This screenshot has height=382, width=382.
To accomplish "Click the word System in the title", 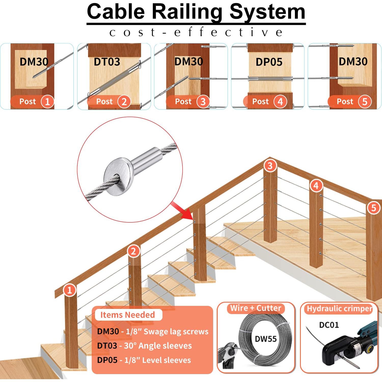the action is [267, 12].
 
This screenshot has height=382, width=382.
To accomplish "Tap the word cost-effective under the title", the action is [196, 32].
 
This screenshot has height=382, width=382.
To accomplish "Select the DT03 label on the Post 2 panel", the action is [107, 62].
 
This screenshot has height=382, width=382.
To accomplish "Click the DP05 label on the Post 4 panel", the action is [269, 62].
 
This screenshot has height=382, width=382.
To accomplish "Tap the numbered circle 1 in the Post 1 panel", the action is [47, 102].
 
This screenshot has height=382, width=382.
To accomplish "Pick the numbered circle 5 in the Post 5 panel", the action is [365, 102].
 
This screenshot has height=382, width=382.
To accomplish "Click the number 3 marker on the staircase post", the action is [270, 166].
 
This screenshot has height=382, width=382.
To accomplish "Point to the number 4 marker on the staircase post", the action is [316, 186].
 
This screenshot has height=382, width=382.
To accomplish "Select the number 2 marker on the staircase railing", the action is [133, 252].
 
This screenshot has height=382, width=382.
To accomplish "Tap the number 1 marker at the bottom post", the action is [69, 290].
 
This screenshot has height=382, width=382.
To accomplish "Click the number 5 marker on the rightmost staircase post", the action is [373, 208].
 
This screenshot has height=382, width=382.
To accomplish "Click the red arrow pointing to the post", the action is [182, 210].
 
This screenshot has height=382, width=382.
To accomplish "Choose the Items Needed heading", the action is [128, 315].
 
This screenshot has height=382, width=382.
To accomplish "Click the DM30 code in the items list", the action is [108, 332].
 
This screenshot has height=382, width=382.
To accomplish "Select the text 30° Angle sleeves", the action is [158, 346].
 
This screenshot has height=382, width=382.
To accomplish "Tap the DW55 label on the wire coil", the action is [266, 339].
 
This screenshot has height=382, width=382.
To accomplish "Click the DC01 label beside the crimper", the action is [329, 325].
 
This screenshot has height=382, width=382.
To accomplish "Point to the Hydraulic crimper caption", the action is [339, 309].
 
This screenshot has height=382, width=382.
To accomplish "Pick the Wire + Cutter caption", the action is [256, 308].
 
